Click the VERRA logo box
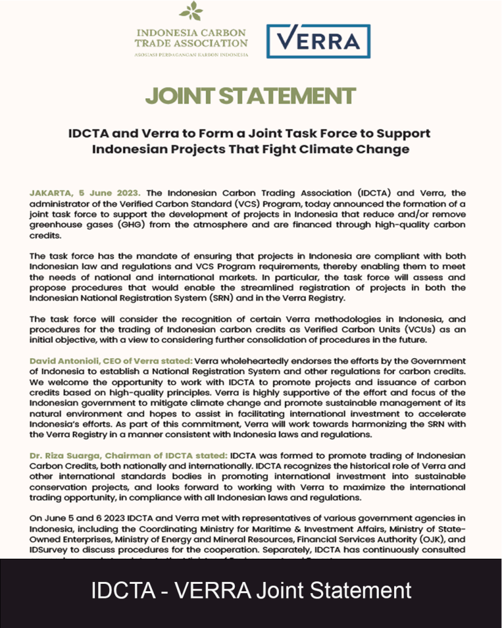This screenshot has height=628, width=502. click(318, 41)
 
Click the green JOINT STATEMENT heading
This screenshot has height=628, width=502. click(250, 96)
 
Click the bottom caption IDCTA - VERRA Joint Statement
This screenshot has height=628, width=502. click(251, 591)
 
